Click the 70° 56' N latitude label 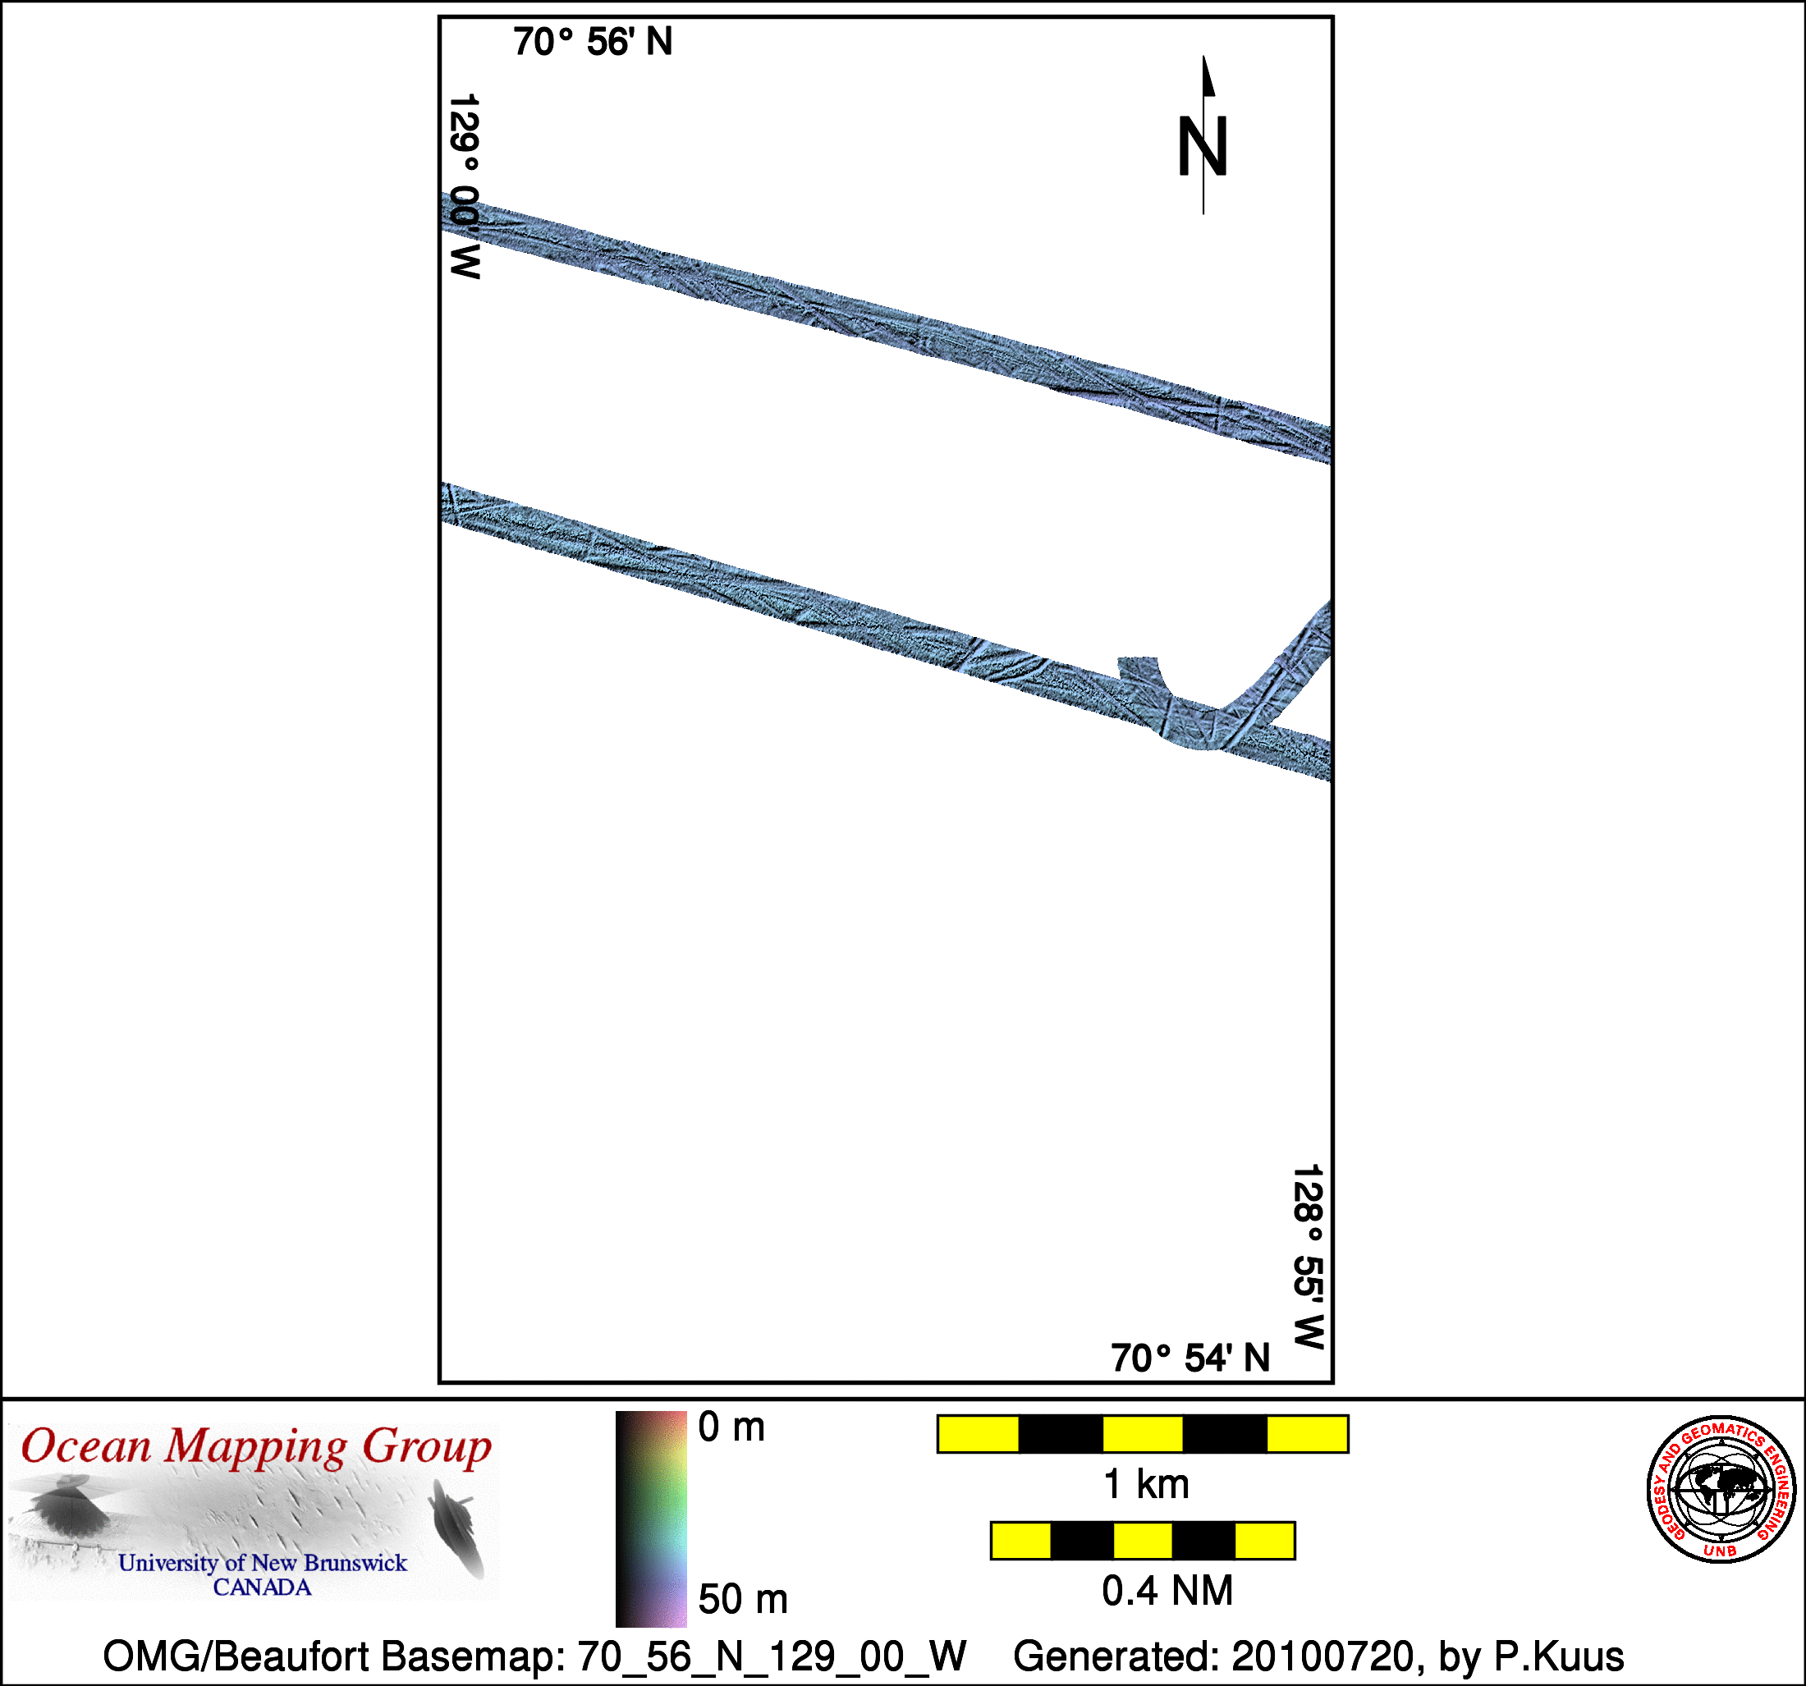tap(593, 43)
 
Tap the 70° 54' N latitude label tap(1190, 1358)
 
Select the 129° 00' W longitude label tap(465, 186)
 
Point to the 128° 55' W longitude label tap(1309, 1258)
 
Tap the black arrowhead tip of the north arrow tap(1203, 57)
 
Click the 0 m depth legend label tap(731, 1428)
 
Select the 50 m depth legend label tap(743, 1600)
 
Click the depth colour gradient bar tap(651, 1519)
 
